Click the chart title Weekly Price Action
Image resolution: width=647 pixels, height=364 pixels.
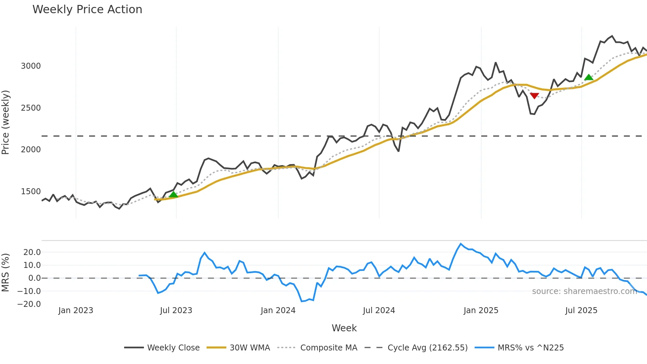[87, 10]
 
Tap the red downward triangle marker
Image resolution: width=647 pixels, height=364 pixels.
[534, 96]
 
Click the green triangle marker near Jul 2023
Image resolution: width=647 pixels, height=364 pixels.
[173, 194]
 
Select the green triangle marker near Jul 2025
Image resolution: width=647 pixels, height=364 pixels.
[589, 78]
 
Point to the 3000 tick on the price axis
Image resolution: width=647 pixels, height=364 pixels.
[31, 66]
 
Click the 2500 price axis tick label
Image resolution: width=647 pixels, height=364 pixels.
[31, 108]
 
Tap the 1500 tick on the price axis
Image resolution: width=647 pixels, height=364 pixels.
[31, 192]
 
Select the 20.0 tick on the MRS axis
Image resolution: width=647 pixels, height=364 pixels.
[32, 252]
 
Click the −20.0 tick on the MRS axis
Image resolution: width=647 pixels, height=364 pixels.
[29, 304]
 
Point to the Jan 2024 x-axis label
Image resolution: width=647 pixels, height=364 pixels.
[278, 310]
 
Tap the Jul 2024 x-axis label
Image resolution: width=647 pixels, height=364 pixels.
[379, 310]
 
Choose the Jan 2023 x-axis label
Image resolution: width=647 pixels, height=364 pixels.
[76, 310]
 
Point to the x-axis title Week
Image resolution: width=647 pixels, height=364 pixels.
[344, 328]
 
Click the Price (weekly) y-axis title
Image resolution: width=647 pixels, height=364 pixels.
[6, 122]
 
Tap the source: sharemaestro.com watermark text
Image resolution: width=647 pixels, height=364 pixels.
[584, 291]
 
